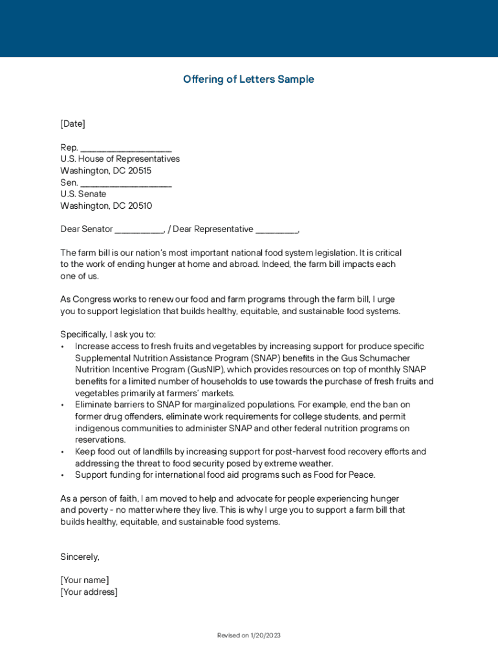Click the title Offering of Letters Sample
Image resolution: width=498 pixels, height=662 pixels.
click(248, 80)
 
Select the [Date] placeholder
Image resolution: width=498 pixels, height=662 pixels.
click(72, 123)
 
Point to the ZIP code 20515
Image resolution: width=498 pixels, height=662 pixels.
click(140, 171)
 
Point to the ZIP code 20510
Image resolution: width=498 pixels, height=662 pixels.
click(140, 206)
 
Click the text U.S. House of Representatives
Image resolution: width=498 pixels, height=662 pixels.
click(120, 159)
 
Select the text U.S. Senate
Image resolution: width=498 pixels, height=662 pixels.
click(83, 194)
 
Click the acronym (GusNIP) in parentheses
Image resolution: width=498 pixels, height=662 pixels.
click(208, 370)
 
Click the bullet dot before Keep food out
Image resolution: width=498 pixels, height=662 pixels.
click(62, 452)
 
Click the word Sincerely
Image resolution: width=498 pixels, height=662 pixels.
click(80, 557)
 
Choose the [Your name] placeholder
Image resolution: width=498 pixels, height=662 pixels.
click(85, 580)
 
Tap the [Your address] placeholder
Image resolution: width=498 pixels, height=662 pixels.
click(89, 592)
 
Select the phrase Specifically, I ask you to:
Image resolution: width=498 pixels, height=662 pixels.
click(108, 334)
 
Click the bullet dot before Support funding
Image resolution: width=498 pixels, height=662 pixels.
click(62, 475)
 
